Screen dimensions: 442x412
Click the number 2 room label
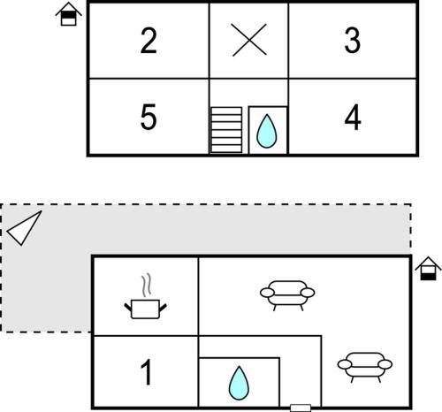tap(149, 41)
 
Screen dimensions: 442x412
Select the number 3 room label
tap(353, 41)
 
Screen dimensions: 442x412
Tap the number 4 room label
tap(353, 117)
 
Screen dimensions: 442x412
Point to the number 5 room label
tap(149, 117)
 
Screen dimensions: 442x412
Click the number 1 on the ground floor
tap(147, 372)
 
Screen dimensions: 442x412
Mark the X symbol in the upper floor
tap(249, 40)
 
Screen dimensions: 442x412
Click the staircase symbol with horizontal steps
tap(226, 130)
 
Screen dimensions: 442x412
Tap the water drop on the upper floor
tap(267, 131)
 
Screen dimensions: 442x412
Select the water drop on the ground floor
tap(239, 383)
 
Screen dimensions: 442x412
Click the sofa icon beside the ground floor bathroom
tap(365, 367)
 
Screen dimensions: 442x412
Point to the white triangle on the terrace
tap(24, 228)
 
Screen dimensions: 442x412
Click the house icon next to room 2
tap(69, 14)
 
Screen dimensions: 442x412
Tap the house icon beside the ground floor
tap(428, 269)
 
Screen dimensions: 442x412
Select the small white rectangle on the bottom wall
tap(301, 408)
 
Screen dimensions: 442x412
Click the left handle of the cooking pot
tap(128, 307)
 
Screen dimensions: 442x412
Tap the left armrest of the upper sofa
tap(267, 293)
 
